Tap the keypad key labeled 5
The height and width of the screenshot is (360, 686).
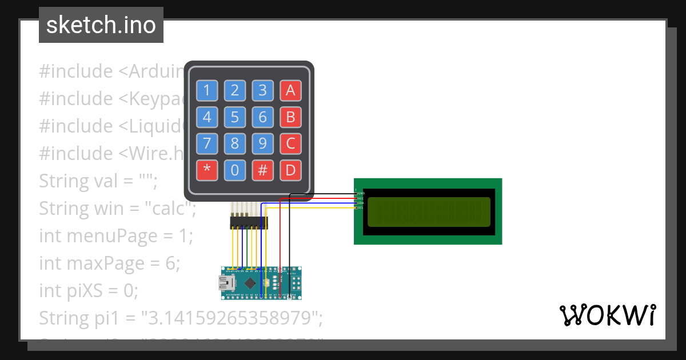tap(235, 118)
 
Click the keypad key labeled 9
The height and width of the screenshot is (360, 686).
tap(263, 143)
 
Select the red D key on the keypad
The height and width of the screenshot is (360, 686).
tap(290, 170)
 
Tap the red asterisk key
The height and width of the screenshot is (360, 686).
tap(207, 170)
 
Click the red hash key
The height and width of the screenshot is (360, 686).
tap(263, 170)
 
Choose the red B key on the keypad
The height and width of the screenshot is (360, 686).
tap(290, 118)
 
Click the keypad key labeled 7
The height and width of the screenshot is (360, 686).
tap(207, 143)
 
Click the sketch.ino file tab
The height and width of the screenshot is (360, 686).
tap(101, 25)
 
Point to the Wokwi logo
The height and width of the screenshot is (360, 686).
tap(607, 315)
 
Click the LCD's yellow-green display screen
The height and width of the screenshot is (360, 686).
tap(429, 211)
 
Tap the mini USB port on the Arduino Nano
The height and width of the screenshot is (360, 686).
tap(226, 283)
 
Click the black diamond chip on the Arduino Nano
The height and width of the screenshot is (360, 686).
tap(250, 283)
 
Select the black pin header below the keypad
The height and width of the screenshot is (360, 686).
tap(249, 223)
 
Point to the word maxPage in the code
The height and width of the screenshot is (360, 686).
tap(117, 263)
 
